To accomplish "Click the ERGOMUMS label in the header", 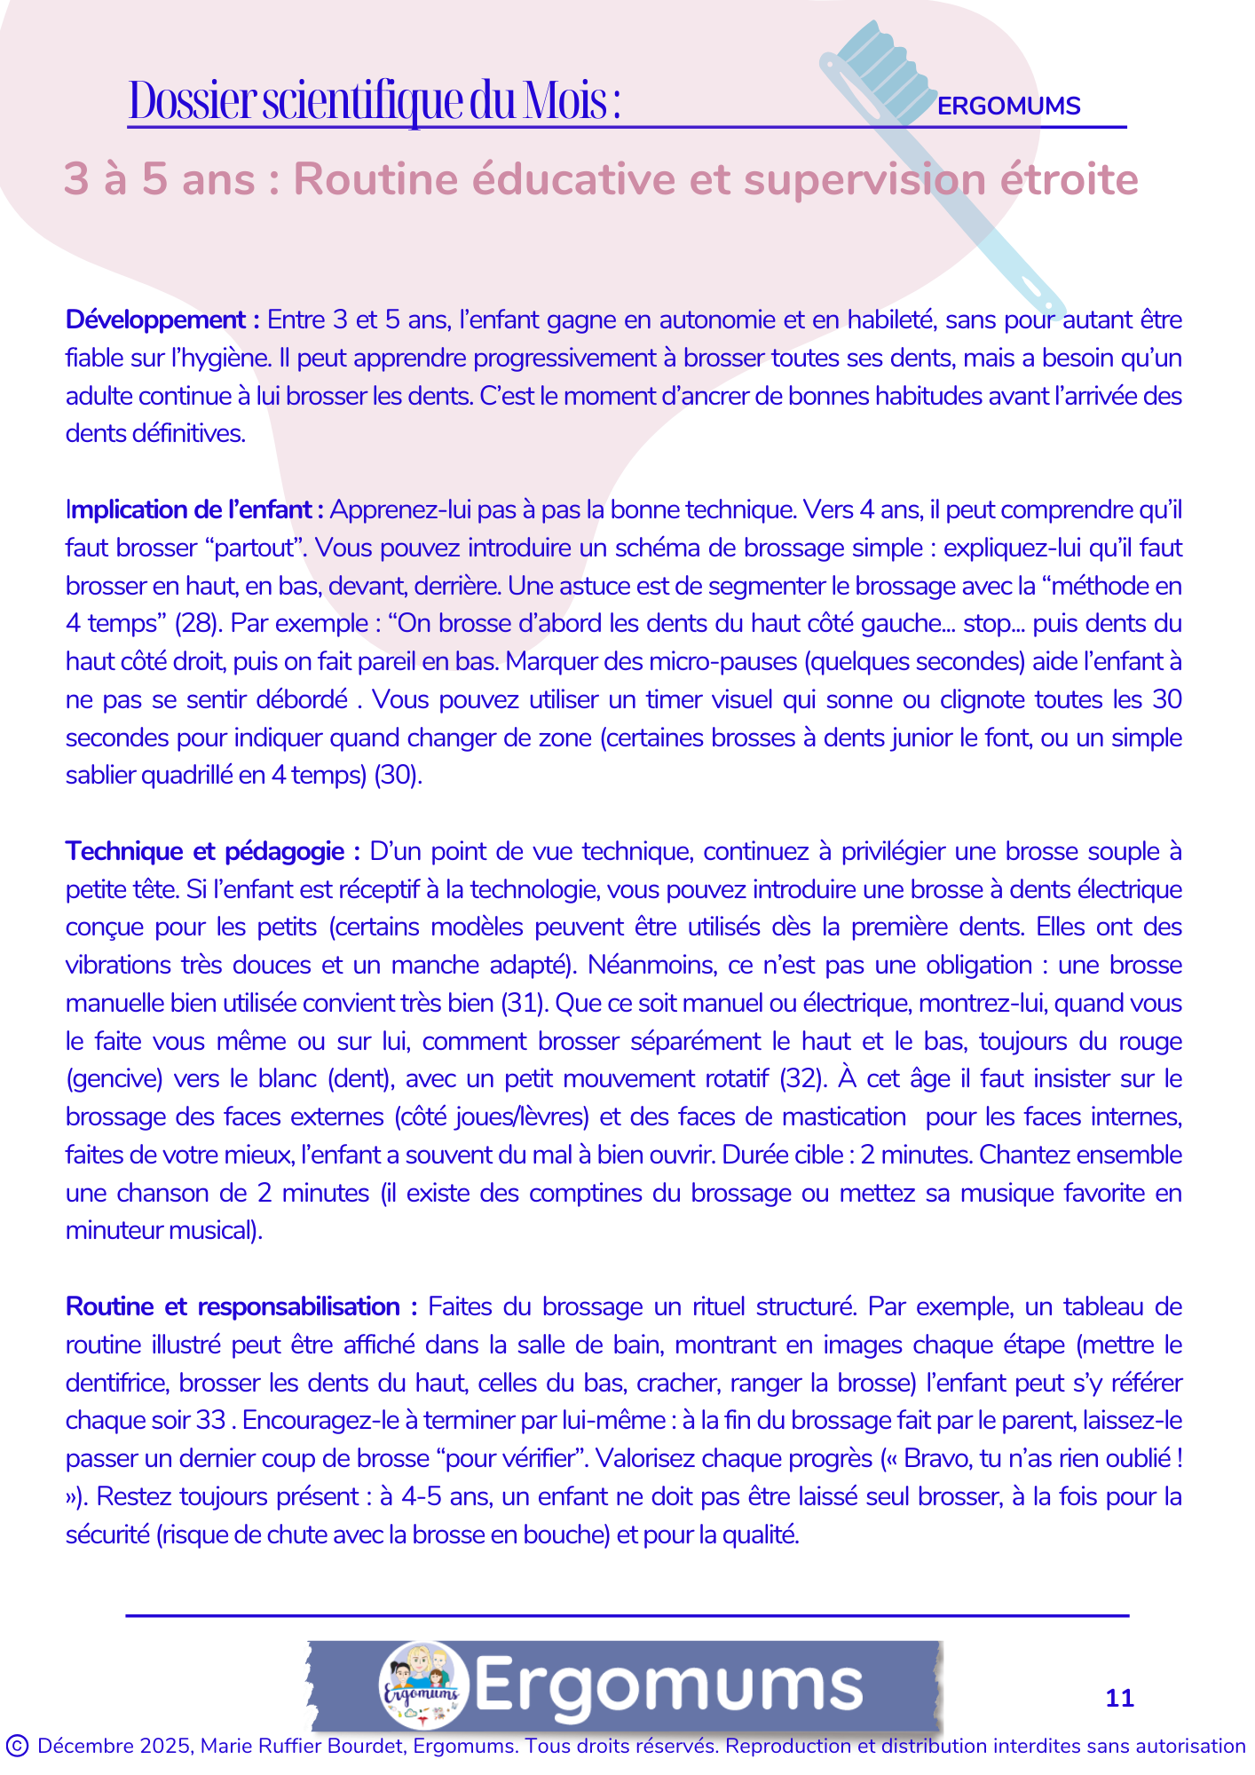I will pos(1008,106).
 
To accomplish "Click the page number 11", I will pos(1119,1698).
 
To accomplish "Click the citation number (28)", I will pos(197,623).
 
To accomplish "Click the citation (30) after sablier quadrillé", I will pos(397,775).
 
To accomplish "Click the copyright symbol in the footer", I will pos(17,1746).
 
